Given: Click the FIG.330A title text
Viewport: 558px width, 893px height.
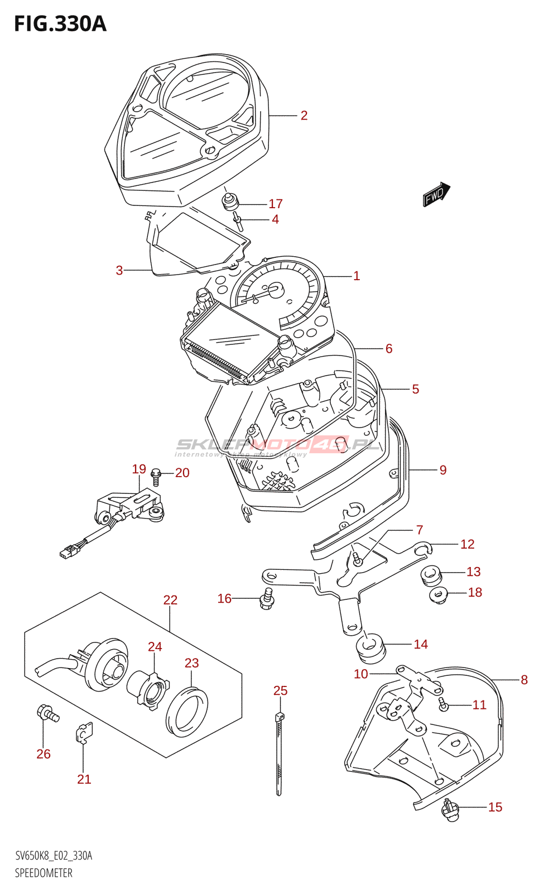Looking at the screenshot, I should (x=60, y=24).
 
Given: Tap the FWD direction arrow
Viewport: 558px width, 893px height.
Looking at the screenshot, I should (x=436, y=194).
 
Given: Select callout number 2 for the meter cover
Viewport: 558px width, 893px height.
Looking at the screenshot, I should (x=304, y=116).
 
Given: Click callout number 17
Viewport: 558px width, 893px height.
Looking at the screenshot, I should (x=276, y=204).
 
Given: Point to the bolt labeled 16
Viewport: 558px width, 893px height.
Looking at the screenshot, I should (x=267, y=599).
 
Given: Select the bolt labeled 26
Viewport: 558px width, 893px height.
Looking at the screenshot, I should (x=47, y=714).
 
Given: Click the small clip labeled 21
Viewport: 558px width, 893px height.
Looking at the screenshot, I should (x=84, y=733).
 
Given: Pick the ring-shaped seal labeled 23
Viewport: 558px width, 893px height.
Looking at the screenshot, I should (x=186, y=712).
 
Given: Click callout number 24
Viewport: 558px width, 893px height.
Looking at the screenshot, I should (x=155, y=647).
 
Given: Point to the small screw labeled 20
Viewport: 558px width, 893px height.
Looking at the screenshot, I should (x=156, y=476).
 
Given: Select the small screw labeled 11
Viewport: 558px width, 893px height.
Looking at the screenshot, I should (x=444, y=705).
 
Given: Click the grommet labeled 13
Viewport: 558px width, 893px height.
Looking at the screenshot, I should (x=431, y=575).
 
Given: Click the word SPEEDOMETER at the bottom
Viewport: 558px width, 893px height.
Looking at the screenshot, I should (x=44, y=873).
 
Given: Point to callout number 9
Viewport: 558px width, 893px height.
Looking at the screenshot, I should (x=443, y=470).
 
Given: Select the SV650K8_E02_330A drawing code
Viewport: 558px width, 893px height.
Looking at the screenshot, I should (x=54, y=856).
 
